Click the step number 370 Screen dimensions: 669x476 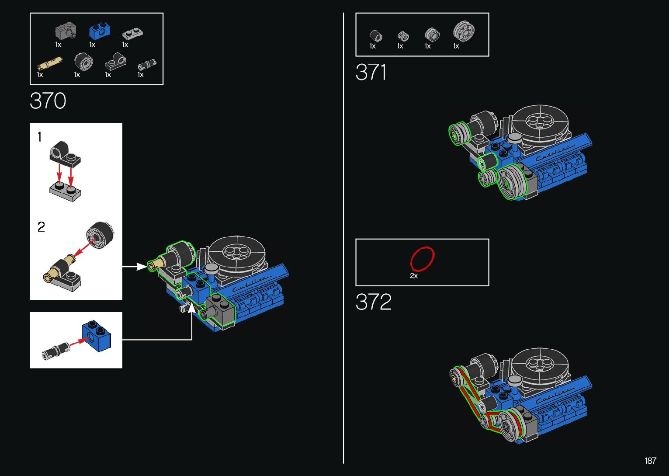pos(48,101)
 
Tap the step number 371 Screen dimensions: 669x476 pos(371,72)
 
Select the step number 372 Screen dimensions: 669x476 pos(373,302)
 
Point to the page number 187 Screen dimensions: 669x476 pos(651,460)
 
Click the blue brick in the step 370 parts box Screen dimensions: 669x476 pos(100,31)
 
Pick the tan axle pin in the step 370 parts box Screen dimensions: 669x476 pos(50,63)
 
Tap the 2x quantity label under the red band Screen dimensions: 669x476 pos(414,276)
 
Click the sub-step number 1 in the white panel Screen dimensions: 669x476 pos(39,137)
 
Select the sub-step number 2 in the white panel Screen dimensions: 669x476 pos(41,227)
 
